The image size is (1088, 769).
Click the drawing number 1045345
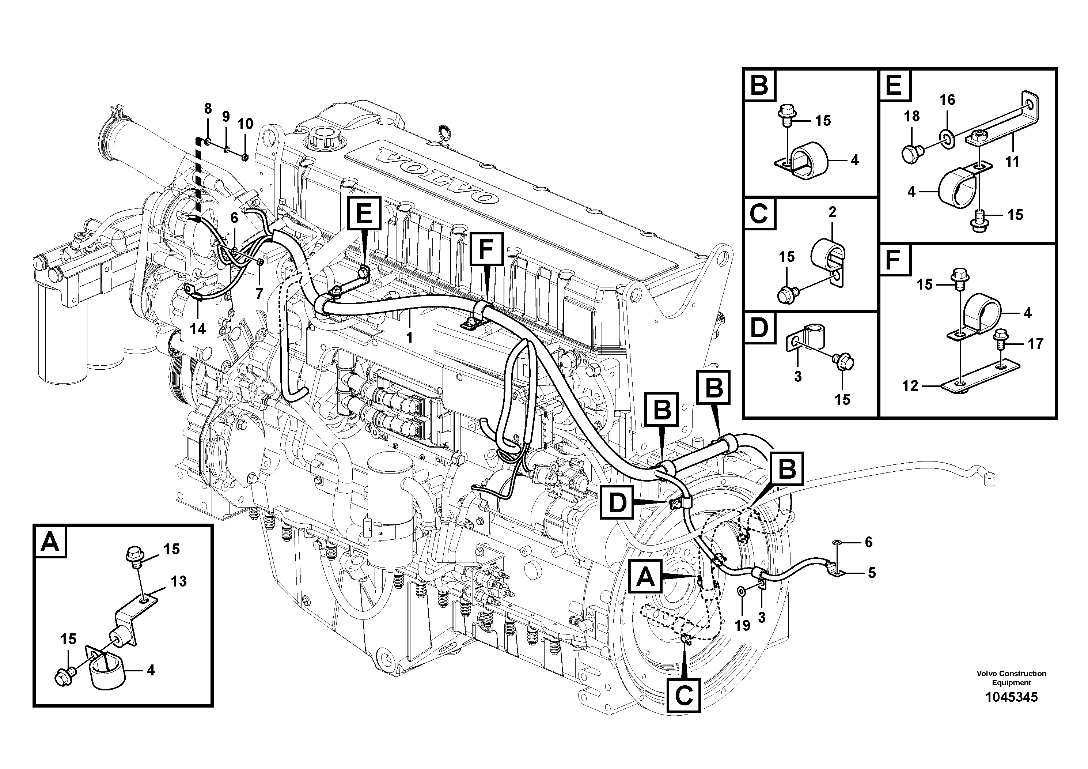click(1011, 697)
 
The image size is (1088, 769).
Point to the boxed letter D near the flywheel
click(617, 502)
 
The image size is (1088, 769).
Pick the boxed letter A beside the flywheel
click(645, 577)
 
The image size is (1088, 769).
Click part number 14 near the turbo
click(198, 329)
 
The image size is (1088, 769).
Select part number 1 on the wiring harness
click(409, 337)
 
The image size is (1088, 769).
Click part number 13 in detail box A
click(179, 581)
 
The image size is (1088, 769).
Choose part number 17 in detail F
click(1036, 343)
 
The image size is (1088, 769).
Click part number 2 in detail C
click(832, 213)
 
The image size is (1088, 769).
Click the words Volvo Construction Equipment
click(1011, 678)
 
